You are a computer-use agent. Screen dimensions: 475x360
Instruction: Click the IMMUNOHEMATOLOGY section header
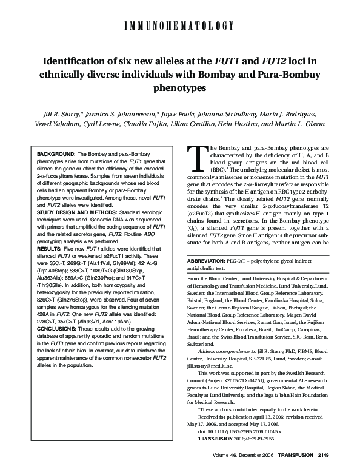coord(180,25)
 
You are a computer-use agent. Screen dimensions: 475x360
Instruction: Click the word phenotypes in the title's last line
coord(179,87)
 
